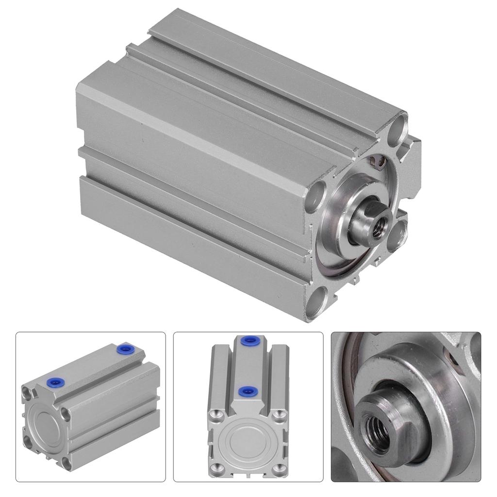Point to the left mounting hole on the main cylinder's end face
coord(316,195)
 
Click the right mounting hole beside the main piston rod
coord(397,234)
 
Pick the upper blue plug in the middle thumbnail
coord(249,341)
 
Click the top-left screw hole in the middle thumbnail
coord(214,414)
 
